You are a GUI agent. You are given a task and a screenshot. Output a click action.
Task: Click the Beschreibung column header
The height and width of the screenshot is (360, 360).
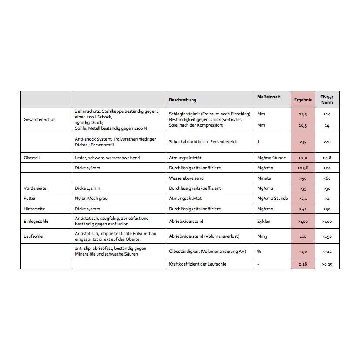pyautogui.click(x=182, y=100)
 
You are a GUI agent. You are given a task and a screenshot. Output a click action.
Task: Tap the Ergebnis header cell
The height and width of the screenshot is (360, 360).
pyautogui.click(x=303, y=100)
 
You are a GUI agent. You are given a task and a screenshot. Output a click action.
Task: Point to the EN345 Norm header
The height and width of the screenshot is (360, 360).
pyautogui.click(x=326, y=100)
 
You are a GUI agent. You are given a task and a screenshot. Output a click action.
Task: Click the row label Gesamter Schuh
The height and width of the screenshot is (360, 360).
pyautogui.click(x=39, y=119)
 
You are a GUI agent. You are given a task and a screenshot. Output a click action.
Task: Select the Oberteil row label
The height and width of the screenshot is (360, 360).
pyautogui.click(x=31, y=158)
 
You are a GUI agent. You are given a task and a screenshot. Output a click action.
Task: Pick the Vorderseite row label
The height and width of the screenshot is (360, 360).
pyautogui.click(x=35, y=188)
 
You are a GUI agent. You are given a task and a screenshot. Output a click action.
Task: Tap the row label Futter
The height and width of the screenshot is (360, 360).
pyautogui.click(x=30, y=198)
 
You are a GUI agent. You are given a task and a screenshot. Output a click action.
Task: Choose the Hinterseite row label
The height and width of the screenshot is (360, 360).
pyautogui.click(x=34, y=209)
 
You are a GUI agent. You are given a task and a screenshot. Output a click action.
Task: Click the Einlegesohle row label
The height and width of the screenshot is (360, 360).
pyautogui.click(x=36, y=221)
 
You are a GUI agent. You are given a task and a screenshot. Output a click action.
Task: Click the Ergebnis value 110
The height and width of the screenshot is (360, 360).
pyautogui.click(x=303, y=236)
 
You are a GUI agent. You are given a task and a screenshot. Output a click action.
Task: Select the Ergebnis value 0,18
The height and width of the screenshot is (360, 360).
pyautogui.click(x=303, y=264)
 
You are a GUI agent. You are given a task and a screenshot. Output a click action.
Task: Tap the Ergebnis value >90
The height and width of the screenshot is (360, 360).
pyautogui.click(x=303, y=178)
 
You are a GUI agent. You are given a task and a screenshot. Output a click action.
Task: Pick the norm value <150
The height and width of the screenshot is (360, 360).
pyautogui.click(x=327, y=236)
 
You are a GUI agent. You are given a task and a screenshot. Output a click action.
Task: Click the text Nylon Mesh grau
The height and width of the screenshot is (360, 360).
pyautogui.click(x=91, y=198)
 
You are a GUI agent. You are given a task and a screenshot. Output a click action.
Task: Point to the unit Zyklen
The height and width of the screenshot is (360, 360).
pyautogui.click(x=264, y=221)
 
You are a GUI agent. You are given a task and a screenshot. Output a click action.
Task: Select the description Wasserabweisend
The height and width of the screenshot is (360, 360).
pyautogui.click(x=186, y=178)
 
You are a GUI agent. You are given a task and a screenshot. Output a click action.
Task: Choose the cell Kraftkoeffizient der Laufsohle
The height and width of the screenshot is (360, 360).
pyautogui.click(x=197, y=264)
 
